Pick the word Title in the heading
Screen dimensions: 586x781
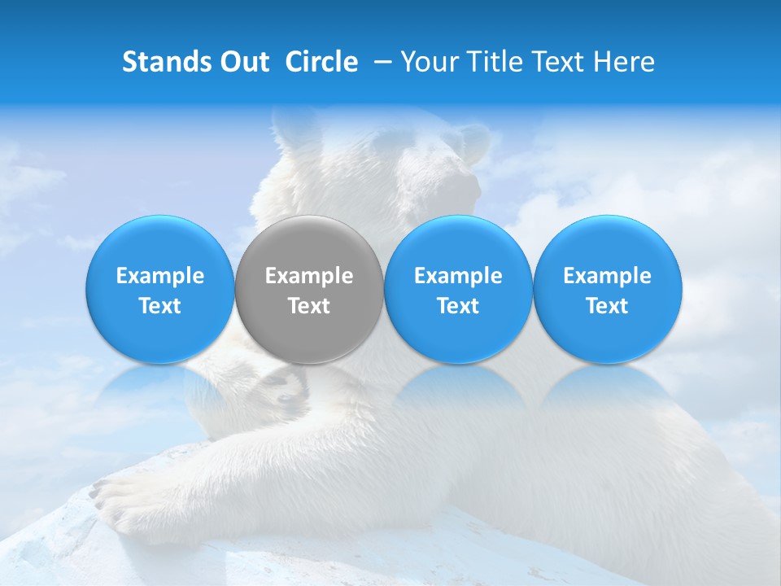pyautogui.click(x=492, y=62)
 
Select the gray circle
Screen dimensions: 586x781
pyautogui.click(x=309, y=290)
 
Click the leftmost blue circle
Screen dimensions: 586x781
pyautogui.click(x=160, y=290)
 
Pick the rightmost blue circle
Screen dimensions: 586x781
pyautogui.click(x=607, y=290)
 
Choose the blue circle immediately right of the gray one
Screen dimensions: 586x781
pyautogui.click(x=458, y=290)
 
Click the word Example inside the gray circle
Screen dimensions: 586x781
pyautogui.click(x=309, y=276)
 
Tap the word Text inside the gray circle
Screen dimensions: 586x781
pyautogui.click(x=309, y=306)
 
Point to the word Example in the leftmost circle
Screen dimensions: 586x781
pyautogui.click(x=160, y=276)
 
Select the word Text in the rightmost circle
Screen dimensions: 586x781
pyautogui.click(x=607, y=306)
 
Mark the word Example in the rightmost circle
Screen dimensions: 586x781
pyautogui.click(x=607, y=276)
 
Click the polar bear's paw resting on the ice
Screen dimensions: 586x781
pyautogui.click(x=122, y=496)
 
